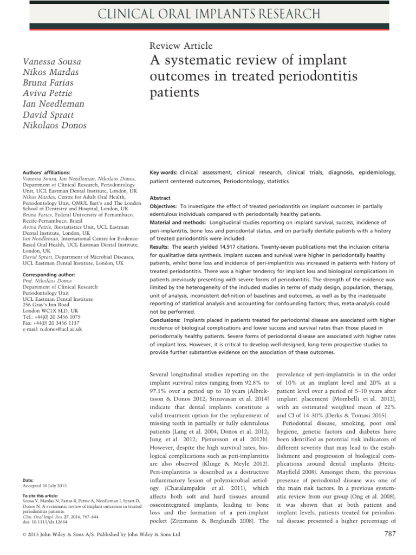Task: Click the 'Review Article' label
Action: (x=180, y=46)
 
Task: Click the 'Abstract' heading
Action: (x=160, y=198)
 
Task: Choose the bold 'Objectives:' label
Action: (x=163, y=207)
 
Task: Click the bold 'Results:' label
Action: (x=159, y=246)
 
